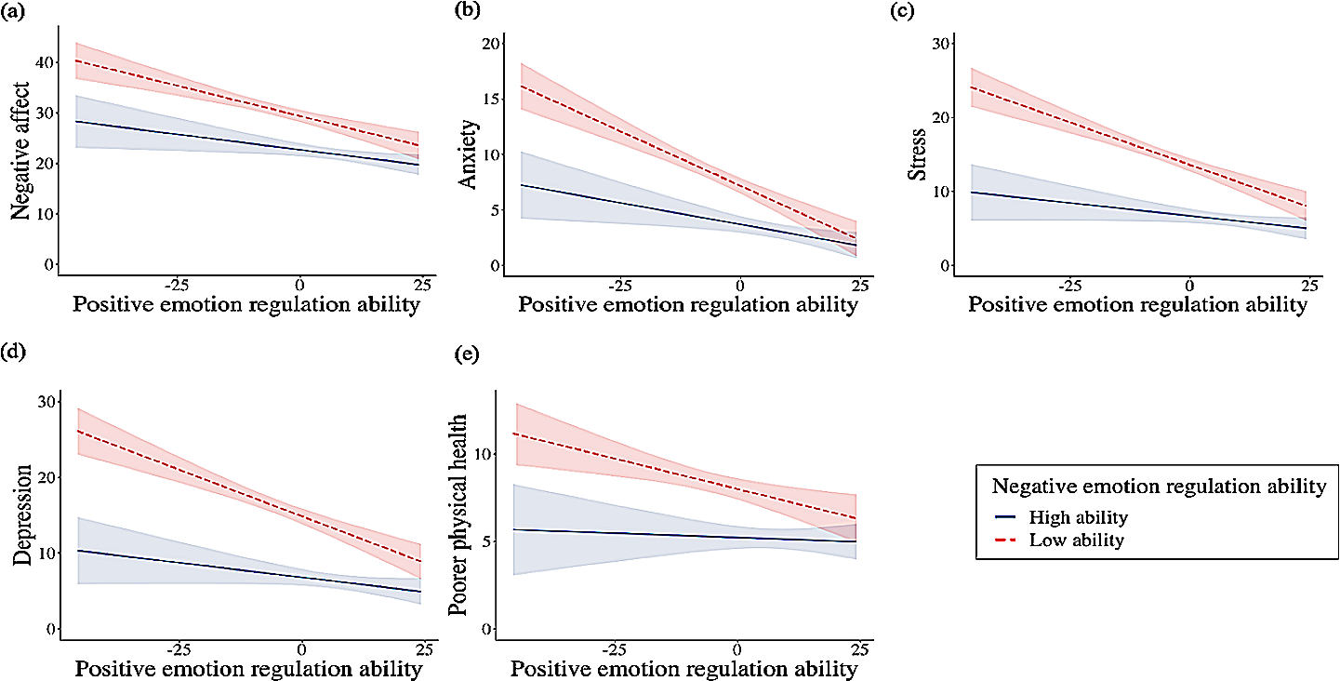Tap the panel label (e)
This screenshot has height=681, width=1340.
click(x=463, y=354)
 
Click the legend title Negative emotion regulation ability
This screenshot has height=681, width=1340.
click(x=1158, y=486)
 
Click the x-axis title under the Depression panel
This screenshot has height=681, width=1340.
click(x=249, y=668)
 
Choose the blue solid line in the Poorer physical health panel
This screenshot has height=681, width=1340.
click(x=651, y=534)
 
